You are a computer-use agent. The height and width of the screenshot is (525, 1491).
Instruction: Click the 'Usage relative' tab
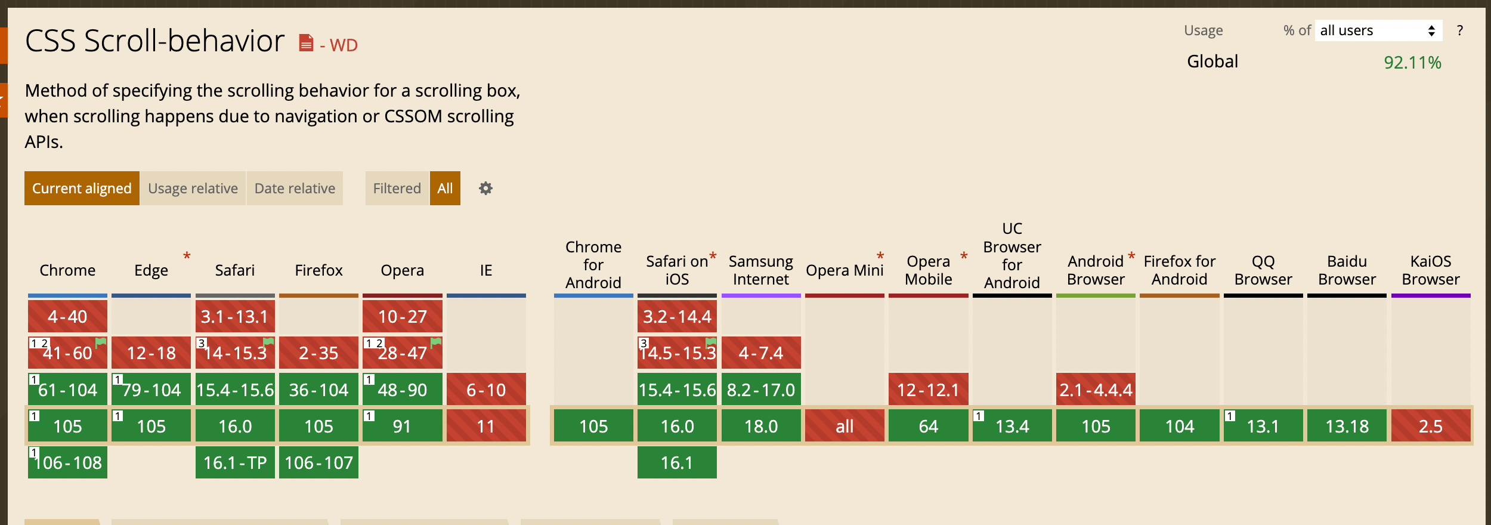193,189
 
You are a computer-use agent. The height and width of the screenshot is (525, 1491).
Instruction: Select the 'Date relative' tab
295,189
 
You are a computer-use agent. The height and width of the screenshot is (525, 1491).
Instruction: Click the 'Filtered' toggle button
397,189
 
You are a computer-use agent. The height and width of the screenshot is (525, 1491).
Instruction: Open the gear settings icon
485,189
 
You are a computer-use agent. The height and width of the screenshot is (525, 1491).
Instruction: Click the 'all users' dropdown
1378,30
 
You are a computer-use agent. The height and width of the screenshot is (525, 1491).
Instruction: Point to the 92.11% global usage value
1412,63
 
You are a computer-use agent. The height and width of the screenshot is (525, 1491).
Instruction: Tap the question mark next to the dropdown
1459,30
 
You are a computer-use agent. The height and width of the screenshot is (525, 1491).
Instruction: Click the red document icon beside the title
306,43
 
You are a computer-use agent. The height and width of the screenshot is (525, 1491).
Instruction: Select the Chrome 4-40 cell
67,316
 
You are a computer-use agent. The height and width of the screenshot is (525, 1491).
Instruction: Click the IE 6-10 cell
486,390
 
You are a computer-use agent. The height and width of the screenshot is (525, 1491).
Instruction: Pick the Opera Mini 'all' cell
845,426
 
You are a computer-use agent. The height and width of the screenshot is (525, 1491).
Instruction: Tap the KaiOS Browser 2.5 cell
1430,426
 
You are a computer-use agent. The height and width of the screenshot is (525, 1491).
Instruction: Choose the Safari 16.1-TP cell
235,462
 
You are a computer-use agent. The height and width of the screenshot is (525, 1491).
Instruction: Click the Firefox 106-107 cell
318,462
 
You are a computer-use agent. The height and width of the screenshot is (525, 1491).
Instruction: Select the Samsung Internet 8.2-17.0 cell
760,390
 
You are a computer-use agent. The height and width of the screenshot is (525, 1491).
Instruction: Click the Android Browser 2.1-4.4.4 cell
1096,390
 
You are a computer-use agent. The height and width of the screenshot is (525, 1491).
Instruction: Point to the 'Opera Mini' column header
845,270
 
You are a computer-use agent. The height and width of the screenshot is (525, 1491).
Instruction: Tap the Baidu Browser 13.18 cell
1347,426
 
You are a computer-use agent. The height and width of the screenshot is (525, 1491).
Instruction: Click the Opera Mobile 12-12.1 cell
928,390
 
